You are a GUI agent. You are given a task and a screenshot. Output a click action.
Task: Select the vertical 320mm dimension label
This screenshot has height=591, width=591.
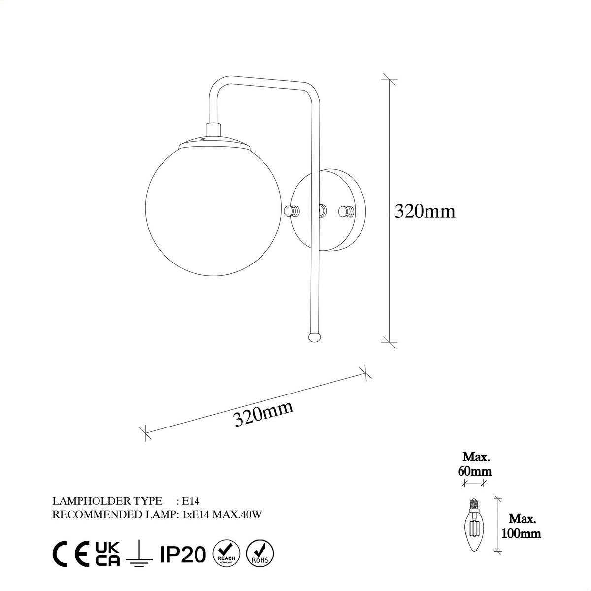[425, 211]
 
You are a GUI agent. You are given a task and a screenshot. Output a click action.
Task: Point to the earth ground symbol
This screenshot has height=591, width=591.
[139, 554]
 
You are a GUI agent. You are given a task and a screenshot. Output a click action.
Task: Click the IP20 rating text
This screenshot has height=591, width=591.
[183, 555]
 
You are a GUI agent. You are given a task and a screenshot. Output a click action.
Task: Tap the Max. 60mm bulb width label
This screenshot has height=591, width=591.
[476, 464]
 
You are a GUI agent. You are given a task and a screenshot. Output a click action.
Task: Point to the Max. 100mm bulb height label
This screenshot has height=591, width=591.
[521, 525]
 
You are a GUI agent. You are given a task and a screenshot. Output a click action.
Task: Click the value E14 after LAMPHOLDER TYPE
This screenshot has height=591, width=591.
[190, 501]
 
